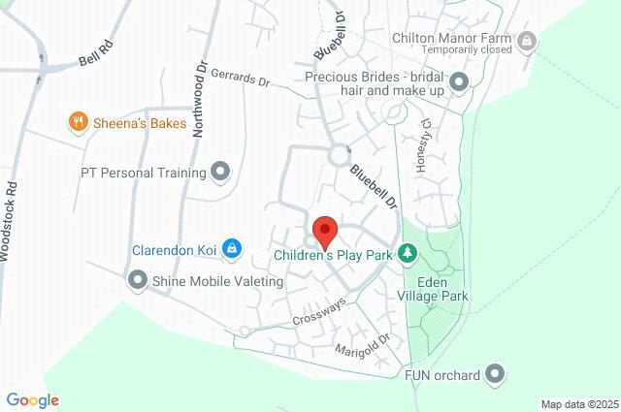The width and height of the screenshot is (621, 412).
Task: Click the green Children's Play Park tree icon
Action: click(x=409, y=255)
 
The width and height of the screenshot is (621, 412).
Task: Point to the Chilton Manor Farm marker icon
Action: click(x=527, y=40)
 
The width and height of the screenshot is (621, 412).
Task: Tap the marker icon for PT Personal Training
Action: click(x=221, y=173)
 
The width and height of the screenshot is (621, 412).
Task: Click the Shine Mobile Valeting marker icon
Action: click(x=137, y=281)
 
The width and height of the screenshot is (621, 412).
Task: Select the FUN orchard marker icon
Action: click(x=496, y=373)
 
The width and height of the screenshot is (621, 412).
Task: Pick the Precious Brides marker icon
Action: click(x=458, y=81)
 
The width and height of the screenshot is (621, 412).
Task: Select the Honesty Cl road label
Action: click(x=421, y=146)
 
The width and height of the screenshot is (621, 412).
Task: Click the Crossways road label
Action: click(x=319, y=312)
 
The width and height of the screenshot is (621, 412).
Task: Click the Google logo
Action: click(x=33, y=400)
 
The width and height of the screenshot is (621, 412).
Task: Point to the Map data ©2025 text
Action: click(x=579, y=404)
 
